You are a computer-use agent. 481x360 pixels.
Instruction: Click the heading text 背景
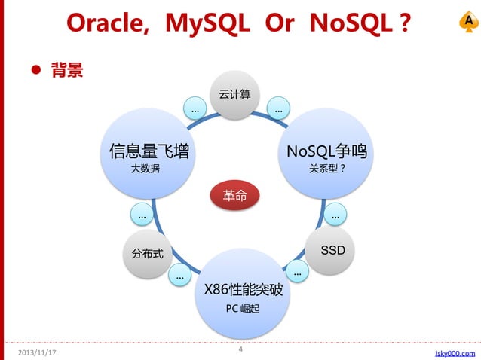pyautogui.click(x=67, y=72)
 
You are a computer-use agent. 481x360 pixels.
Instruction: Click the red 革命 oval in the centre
pyautogui.click(x=234, y=196)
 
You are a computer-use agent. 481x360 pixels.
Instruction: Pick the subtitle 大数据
pyautogui.click(x=146, y=169)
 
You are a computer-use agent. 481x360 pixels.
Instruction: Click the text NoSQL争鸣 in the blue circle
pyautogui.click(x=326, y=151)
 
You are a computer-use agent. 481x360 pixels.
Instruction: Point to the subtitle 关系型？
pyautogui.click(x=327, y=169)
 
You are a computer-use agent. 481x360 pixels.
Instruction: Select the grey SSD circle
pyautogui.click(x=332, y=250)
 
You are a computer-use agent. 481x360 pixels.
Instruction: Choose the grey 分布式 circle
pyautogui.click(x=147, y=255)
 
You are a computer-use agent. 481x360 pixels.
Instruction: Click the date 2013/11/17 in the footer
pyautogui.click(x=37, y=352)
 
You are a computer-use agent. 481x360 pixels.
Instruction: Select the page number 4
pyautogui.click(x=240, y=349)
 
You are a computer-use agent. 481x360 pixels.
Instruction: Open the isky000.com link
pyautogui.click(x=455, y=352)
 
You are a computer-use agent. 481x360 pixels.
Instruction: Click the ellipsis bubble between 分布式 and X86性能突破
pyautogui.click(x=179, y=276)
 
